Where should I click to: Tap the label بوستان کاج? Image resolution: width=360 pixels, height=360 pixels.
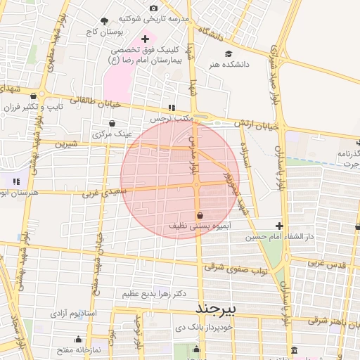pos(105,32)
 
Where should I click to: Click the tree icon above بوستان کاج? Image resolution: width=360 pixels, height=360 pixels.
pos(105,21)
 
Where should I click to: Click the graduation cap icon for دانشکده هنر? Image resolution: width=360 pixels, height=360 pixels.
pos(227,53)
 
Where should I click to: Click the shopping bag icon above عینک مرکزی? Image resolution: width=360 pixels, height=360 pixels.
pos(112,122)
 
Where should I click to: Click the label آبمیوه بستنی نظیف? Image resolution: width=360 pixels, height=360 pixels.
pos(199,226)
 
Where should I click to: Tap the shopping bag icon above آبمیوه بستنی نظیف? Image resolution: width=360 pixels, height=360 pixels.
pos(200,215)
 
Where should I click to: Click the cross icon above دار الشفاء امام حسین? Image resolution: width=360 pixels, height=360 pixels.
pos(280,226)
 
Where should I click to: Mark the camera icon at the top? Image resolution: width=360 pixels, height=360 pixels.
pos(154,8)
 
